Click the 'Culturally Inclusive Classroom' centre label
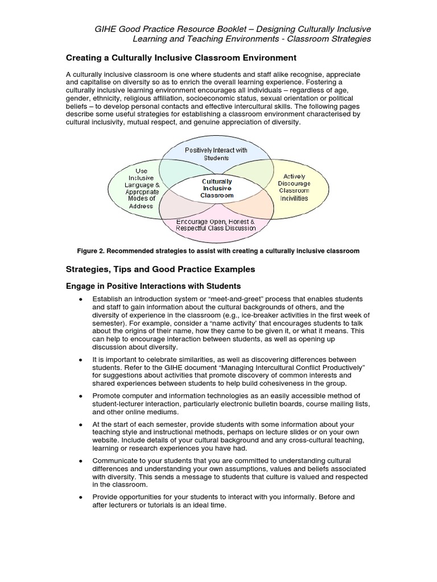pyautogui.click(x=217, y=188)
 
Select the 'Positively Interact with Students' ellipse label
pyautogui.click(x=216, y=153)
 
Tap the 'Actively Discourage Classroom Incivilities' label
pyautogui.click(x=294, y=187)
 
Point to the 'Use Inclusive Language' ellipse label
pyautogui.click(x=142, y=187)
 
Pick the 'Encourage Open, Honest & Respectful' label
pyautogui.click(x=216, y=224)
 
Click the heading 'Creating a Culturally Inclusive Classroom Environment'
pyautogui.click(x=182, y=57)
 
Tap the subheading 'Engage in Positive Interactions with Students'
pyautogui.click(x=154, y=286)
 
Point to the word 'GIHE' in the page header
pyautogui.click(x=107, y=28)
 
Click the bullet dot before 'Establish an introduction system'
pyautogui.click(x=81, y=300)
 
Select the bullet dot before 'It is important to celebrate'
pyautogui.click(x=81, y=360)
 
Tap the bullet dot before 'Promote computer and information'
pyautogui.click(x=81, y=396)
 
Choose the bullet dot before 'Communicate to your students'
pyautogui.click(x=81, y=461)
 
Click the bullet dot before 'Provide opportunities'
pyautogui.click(x=81, y=497)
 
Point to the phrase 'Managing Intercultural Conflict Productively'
pyautogui.click(x=301, y=367)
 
